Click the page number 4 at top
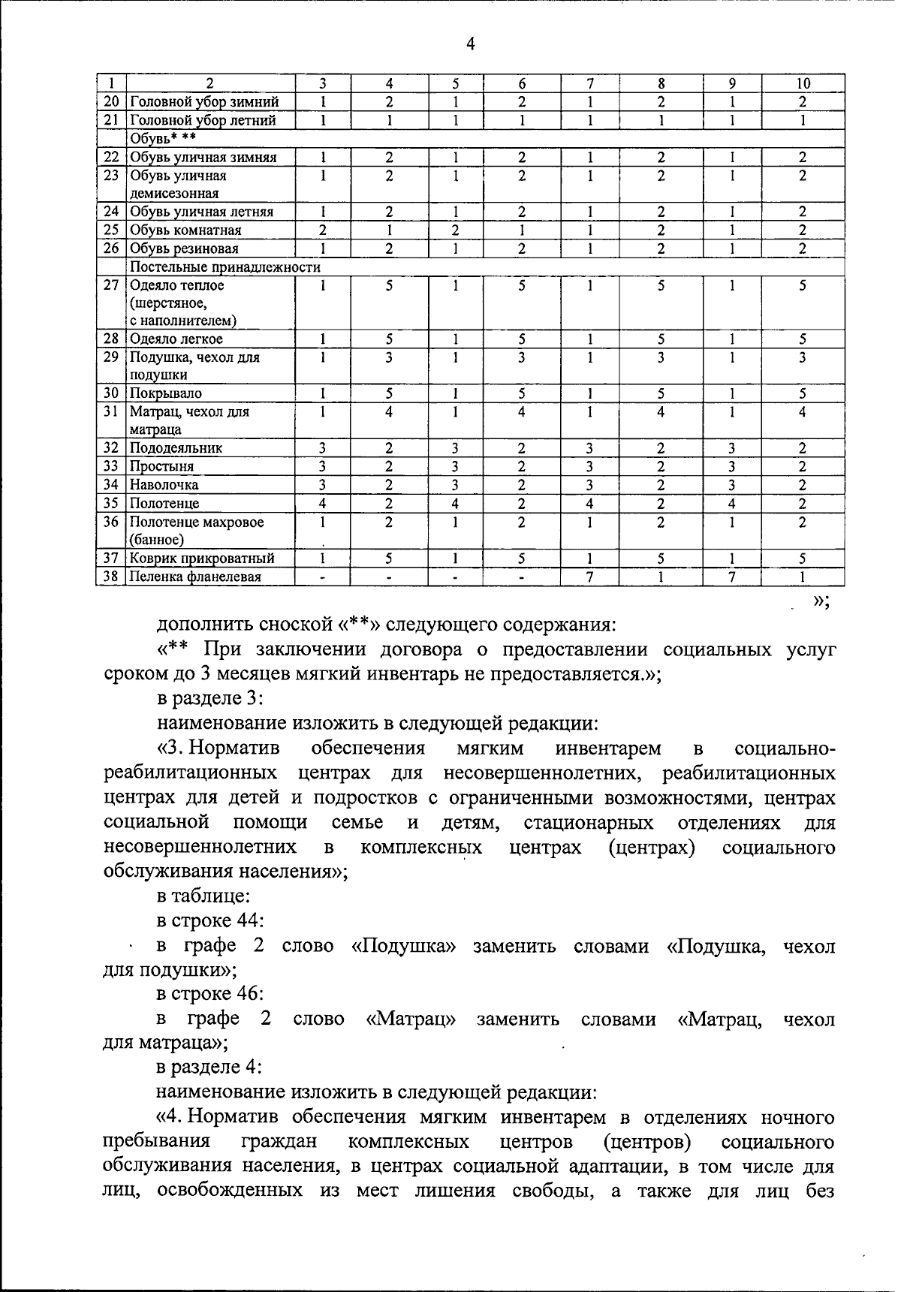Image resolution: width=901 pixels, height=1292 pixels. tap(470, 44)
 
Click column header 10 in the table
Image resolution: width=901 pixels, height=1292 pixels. tap(802, 83)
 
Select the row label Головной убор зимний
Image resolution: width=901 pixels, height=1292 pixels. tap(204, 102)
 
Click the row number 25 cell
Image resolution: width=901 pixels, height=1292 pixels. tap(111, 230)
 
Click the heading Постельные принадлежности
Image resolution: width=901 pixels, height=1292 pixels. tap(225, 267)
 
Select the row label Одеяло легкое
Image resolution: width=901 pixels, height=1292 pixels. tap(176, 339)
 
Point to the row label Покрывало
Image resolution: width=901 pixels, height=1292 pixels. tap(166, 393)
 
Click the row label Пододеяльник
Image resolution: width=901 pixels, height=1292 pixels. tap(176, 448)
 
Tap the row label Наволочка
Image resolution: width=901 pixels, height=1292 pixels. tap(164, 485)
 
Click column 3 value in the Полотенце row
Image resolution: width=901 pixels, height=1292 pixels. tap(322, 504)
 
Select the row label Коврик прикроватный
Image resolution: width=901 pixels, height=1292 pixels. tap(202, 559)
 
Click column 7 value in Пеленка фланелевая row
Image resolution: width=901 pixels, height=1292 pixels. tap(590, 577)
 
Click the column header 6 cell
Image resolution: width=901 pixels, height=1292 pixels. tap(521, 83)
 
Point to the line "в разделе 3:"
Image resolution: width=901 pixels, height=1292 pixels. tap(209, 699)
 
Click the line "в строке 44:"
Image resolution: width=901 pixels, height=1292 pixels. tap(210, 921)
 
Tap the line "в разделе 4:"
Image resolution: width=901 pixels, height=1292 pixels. tap(209, 1068)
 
